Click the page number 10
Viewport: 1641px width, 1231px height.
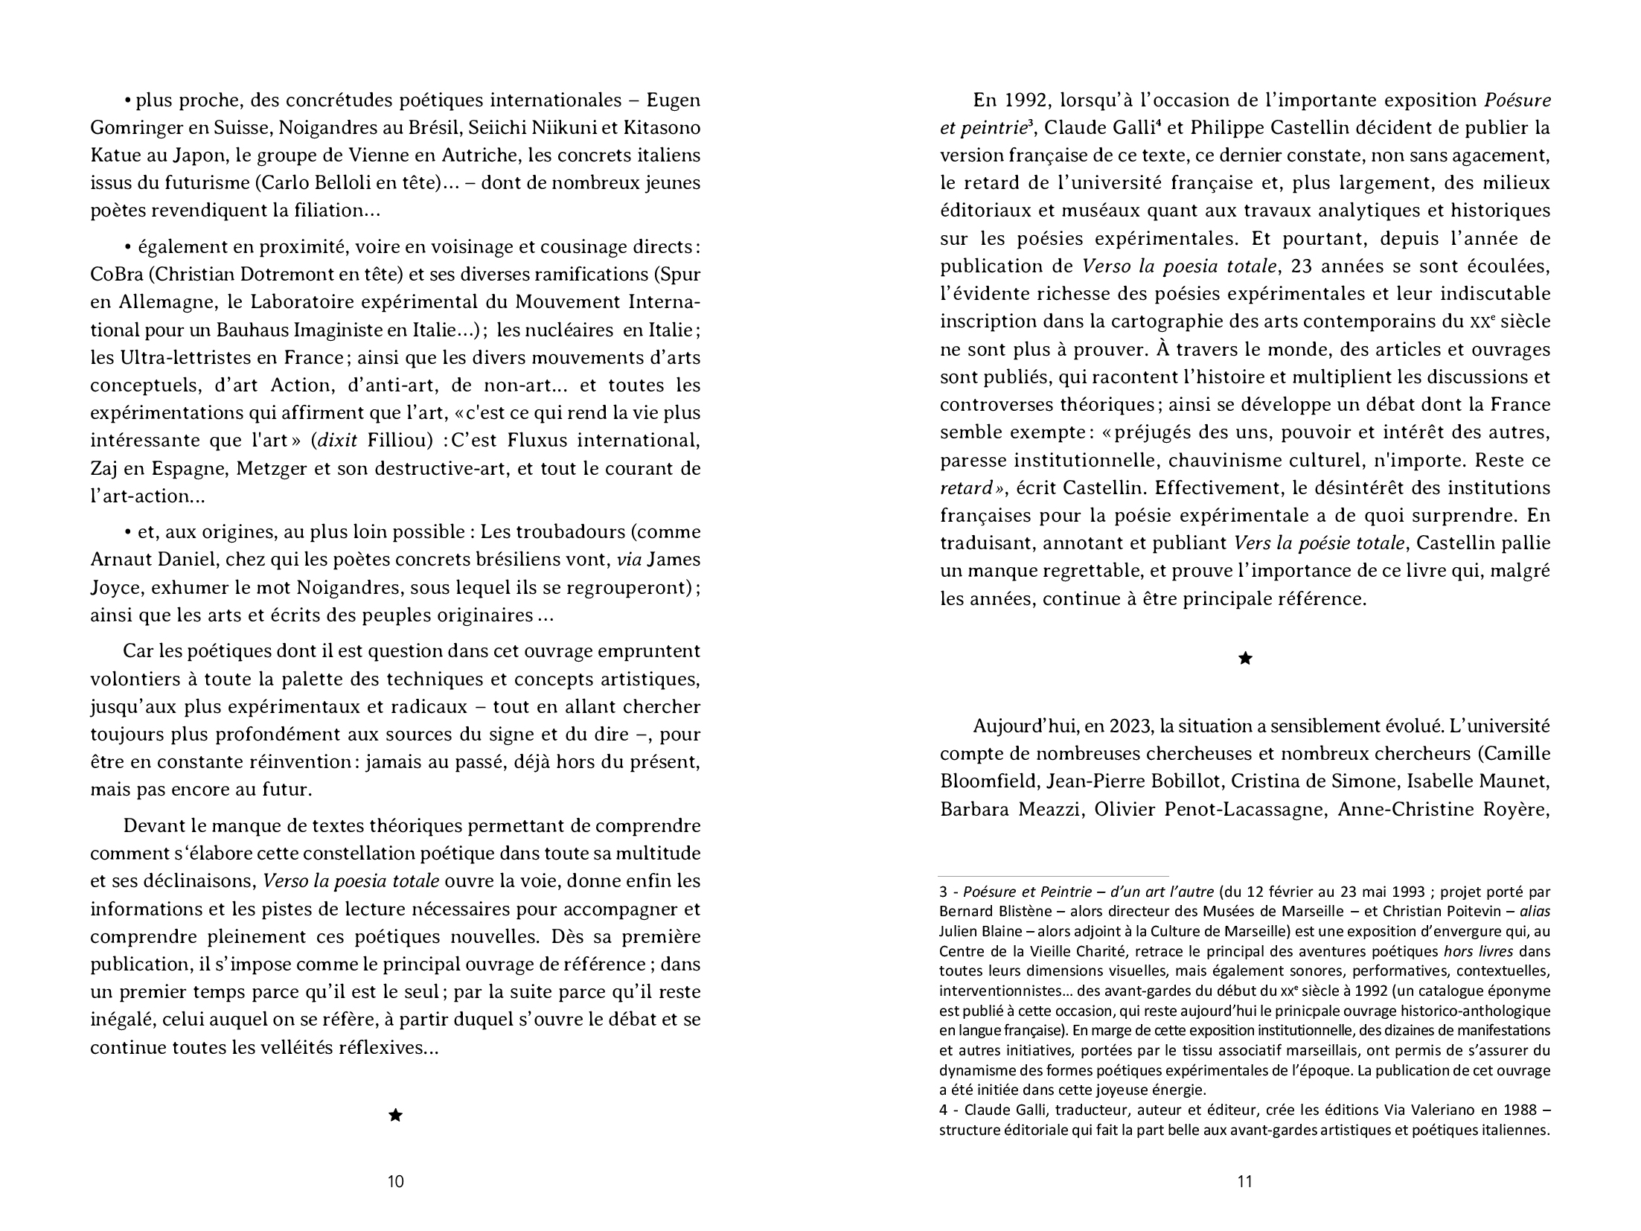tap(396, 1181)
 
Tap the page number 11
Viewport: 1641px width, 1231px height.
tap(1244, 1181)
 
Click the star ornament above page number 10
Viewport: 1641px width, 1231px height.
tap(396, 1115)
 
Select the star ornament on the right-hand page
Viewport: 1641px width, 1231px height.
tap(1244, 658)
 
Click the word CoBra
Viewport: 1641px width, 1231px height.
tap(115, 274)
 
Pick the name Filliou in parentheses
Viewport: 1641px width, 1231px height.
tap(400, 441)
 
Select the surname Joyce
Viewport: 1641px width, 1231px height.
tap(116, 588)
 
